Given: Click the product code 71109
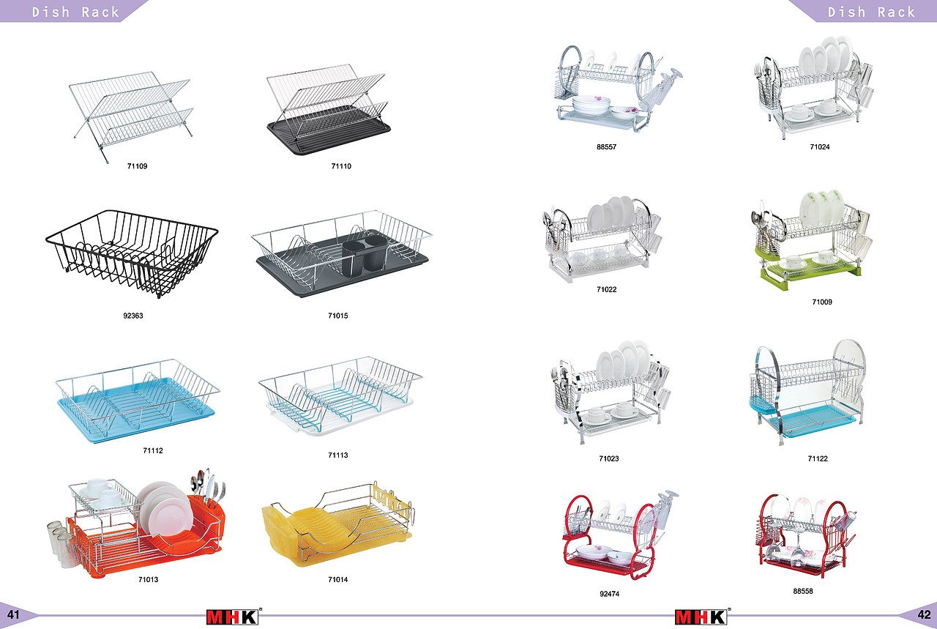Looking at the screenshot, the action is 137,167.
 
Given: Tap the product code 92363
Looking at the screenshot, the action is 132,316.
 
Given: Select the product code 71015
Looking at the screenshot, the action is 338,316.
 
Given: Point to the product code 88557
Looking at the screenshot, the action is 606,147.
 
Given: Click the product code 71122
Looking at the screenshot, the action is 818,459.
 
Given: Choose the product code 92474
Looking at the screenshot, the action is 609,594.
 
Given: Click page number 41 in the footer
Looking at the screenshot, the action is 13,615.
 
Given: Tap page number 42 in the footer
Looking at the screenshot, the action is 924,615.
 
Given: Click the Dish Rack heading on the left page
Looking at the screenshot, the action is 75,12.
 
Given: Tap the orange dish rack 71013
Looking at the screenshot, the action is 139,538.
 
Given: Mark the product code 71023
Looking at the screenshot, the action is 608,459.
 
